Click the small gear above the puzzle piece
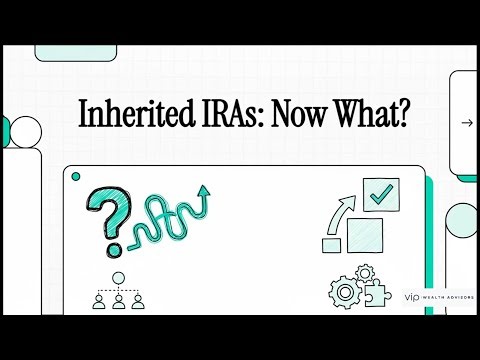click(365, 273)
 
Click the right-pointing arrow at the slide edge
click(466, 123)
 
